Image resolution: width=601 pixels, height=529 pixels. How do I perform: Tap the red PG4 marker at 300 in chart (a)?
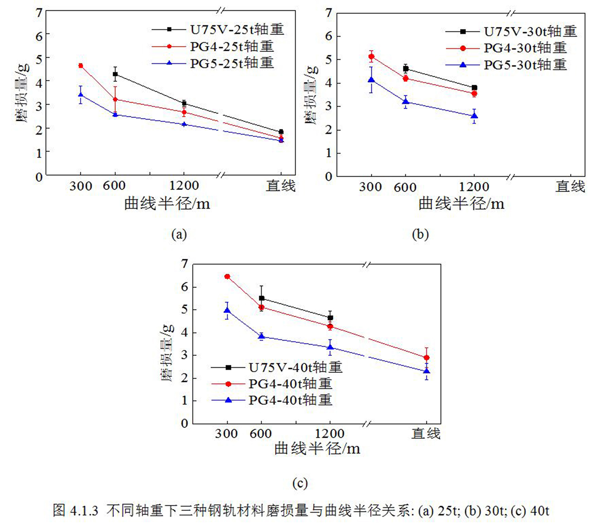pyautogui.click(x=81, y=66)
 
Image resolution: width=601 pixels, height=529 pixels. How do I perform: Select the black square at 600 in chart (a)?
pyautogui.click(x=115, y=74)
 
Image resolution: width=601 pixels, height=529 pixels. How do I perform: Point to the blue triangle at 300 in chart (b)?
pyautogui.click(x=371, y=80)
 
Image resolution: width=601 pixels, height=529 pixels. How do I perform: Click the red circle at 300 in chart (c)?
pyautogui.click(x=227, y=277)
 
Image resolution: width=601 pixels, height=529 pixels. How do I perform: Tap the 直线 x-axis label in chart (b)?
pyautogui.click(x=570, y=187)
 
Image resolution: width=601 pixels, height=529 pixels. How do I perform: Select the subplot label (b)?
pyautogui.click(x=420, y=235)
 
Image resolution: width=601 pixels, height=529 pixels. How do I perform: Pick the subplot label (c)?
pyautogui.click(x=300, y=483)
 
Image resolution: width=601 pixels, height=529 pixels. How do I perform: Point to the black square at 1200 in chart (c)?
pyautogui.click(x=330, y=318)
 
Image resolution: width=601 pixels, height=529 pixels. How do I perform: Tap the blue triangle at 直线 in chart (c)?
pyautogui.click(x=427, y=371)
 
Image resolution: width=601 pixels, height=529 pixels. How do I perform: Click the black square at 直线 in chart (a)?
pyautogui.click(x=281, y=132)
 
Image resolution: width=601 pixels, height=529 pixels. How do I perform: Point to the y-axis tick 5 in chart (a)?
pyautogui.click(x=39, y=58)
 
